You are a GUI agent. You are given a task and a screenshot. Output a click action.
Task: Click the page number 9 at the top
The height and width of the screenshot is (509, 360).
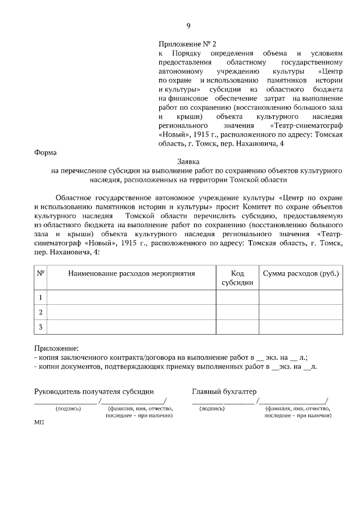coord(188,26)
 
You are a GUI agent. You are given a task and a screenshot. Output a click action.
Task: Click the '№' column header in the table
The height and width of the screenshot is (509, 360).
coord(40,273)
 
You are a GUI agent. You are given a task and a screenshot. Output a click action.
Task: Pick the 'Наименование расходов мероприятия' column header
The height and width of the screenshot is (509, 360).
coord(132,273)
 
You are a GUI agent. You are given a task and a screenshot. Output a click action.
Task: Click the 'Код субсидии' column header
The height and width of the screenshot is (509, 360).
coord(237,278)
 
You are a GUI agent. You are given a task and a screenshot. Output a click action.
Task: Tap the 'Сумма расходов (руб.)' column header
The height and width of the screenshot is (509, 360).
coord(301,273)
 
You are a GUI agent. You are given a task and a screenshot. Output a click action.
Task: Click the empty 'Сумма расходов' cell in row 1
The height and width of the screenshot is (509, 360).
coord(301,297)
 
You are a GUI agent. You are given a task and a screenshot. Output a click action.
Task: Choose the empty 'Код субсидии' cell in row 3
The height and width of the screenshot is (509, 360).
coord(237,327)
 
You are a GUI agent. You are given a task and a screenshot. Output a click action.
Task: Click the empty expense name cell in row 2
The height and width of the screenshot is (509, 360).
coord(132,312)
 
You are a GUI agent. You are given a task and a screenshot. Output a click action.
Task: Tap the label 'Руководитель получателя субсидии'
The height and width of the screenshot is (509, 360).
coord(94,391)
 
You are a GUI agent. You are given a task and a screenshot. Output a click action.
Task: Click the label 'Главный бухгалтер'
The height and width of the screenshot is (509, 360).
coord(224,391)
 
